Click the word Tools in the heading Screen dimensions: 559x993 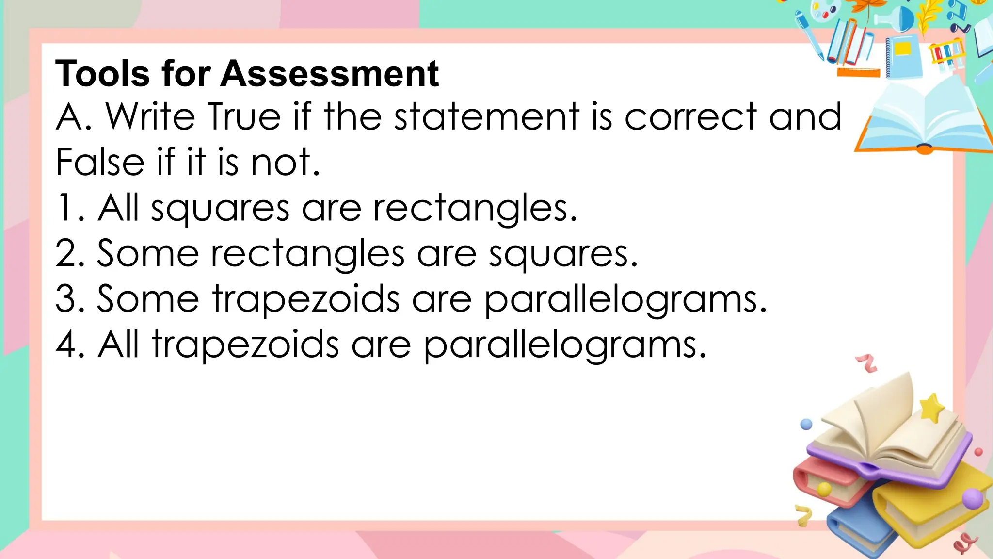tap(103, 74)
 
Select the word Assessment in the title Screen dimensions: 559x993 tap(330, 74)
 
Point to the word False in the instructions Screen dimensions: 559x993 tap(100, 162)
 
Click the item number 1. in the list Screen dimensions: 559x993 tap(70, 208)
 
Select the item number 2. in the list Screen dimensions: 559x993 tap(70, 253)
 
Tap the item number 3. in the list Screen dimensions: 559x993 tap(70, 298)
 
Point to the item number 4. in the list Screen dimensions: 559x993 tap(70, 344)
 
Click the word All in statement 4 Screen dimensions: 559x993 tap(118, 344)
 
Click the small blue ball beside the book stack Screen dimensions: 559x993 tap(806, 424)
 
